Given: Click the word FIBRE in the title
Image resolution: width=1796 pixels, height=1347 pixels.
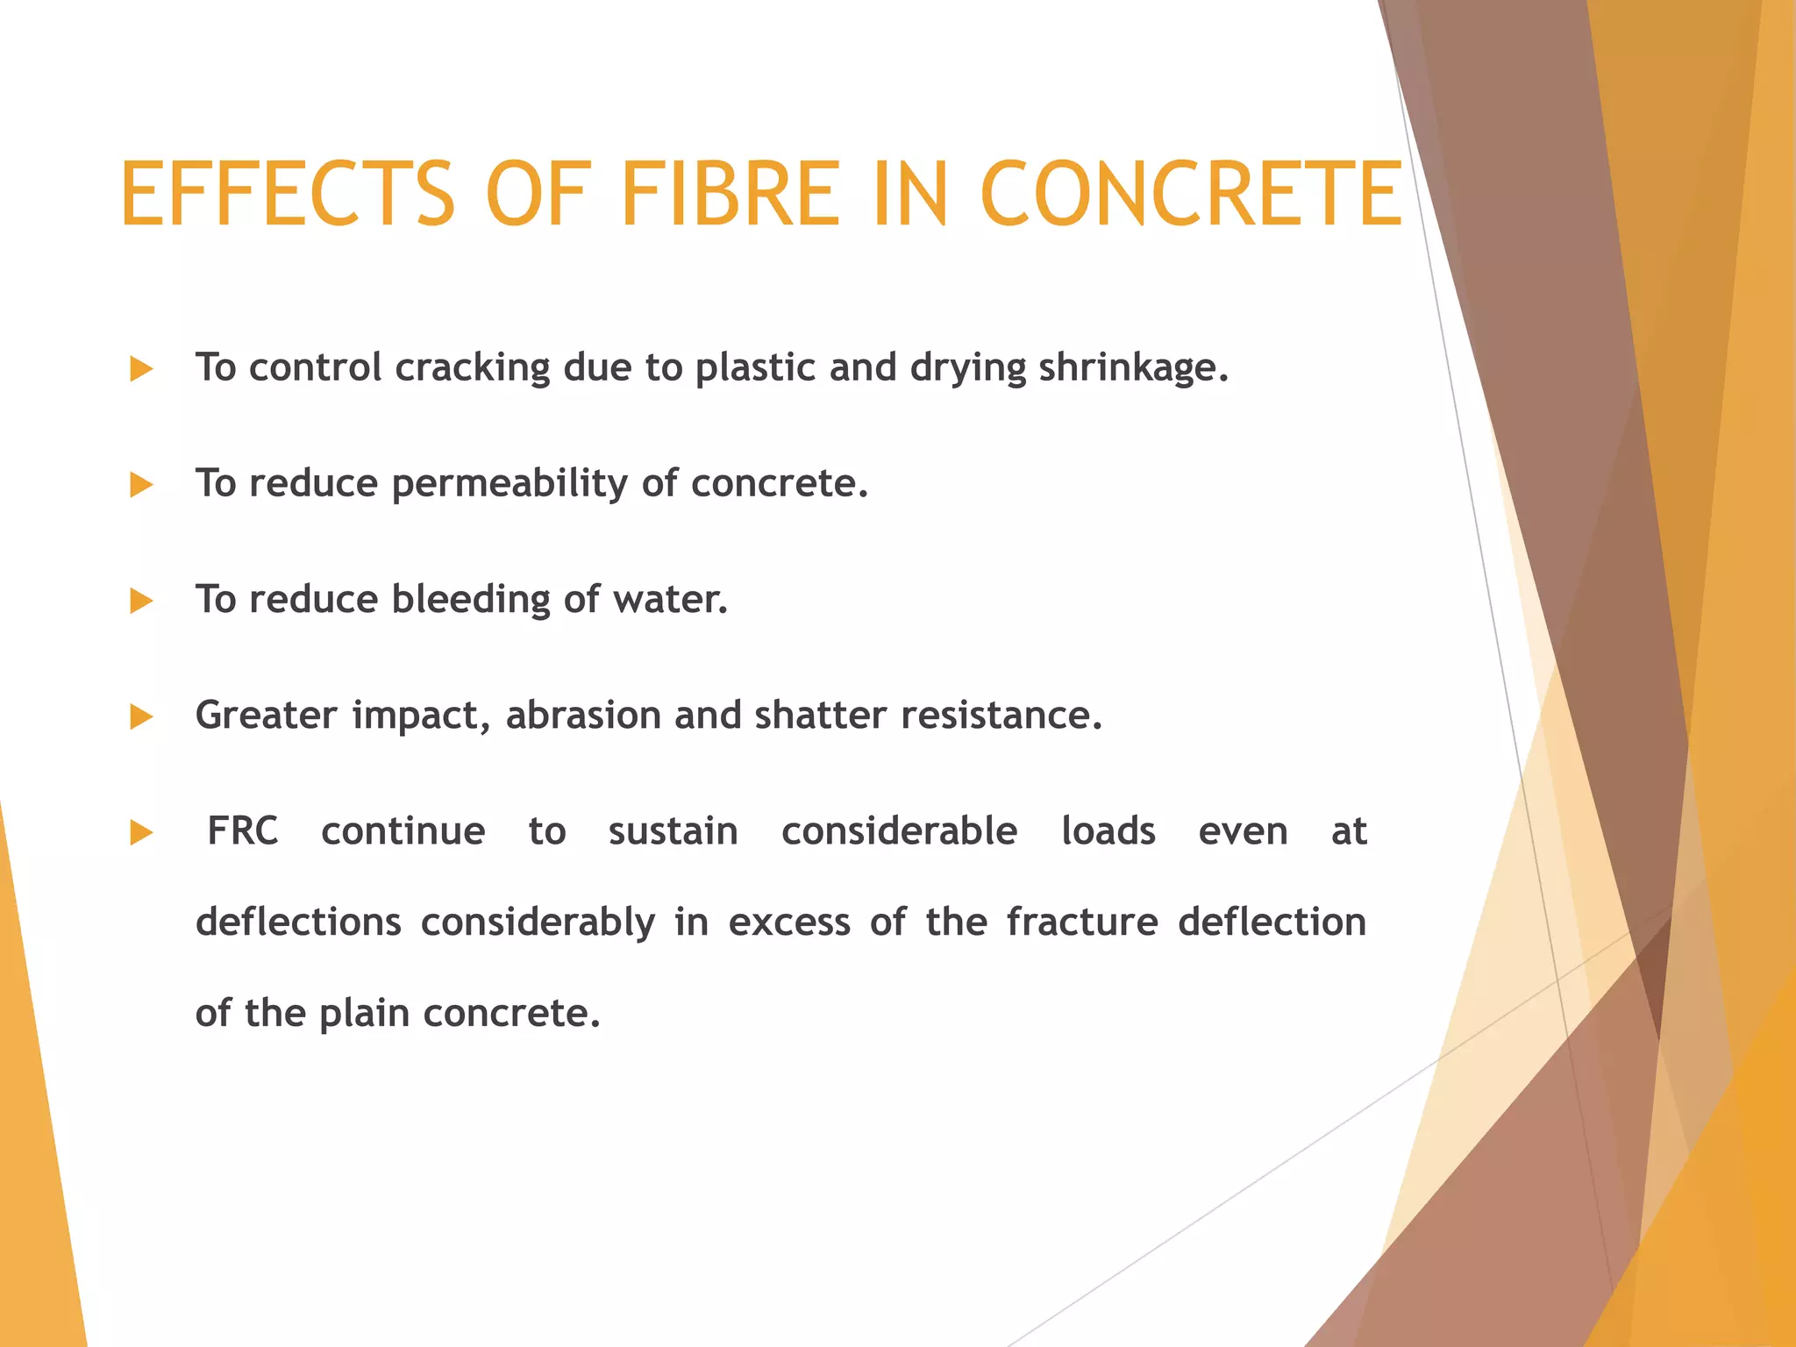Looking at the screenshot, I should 730,194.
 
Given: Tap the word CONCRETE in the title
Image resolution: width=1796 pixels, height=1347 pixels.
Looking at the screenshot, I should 1190,194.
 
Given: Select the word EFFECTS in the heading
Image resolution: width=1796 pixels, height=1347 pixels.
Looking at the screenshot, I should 287,194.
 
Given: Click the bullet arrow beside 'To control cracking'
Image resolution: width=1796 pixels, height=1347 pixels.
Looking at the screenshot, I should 141,369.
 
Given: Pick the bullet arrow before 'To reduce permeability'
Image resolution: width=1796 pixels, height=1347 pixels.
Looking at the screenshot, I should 141,485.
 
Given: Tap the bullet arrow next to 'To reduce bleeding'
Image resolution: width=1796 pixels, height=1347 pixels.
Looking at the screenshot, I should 141,602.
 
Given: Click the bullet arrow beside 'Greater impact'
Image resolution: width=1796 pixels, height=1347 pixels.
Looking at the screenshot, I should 141,717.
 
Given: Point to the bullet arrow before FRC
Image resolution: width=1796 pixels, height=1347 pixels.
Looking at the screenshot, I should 141,833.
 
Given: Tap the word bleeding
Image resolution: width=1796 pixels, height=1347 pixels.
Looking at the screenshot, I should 471,601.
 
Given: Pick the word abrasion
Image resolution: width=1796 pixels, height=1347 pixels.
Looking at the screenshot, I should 582,716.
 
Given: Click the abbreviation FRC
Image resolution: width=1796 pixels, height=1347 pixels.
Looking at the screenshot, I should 243,831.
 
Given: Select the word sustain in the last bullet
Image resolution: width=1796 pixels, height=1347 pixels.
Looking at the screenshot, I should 673,831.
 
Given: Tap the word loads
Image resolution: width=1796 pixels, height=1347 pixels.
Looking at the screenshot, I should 1108,831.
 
